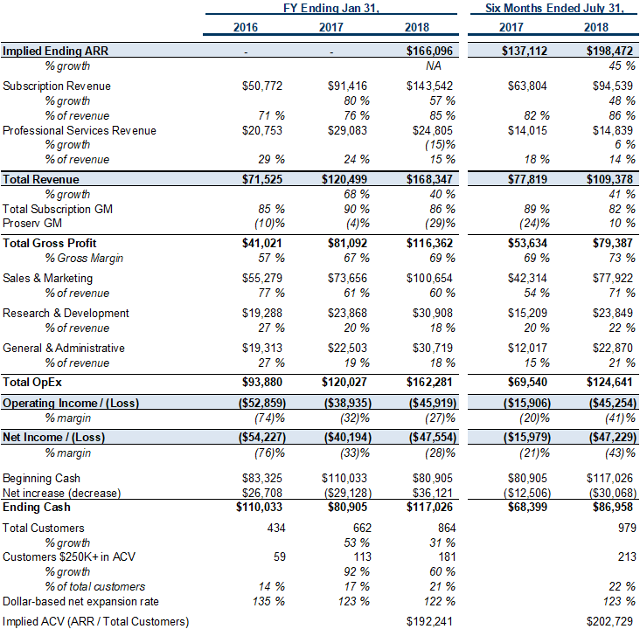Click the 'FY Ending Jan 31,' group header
(331, 8)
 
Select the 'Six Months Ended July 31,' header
(554, 8)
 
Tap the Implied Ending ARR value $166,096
(429, 51)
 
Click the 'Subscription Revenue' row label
(56, 86)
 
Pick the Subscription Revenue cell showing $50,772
(262, 86)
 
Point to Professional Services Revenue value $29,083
(347, 130)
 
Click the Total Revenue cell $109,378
(609, 179)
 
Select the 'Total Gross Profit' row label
(49, 243)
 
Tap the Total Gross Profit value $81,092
(347, 243)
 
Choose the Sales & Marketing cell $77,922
(613, 278)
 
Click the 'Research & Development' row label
(66, 314)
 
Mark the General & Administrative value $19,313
(262, 349)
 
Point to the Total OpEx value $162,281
(429, 383)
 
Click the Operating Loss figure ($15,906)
(527, 404)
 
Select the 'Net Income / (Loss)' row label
(53, 438)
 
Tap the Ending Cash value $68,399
(527, 507)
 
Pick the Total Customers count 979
(627, 528)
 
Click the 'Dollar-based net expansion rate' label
(80, 602)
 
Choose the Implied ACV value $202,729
(609, 622)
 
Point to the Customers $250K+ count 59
(280, 556)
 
